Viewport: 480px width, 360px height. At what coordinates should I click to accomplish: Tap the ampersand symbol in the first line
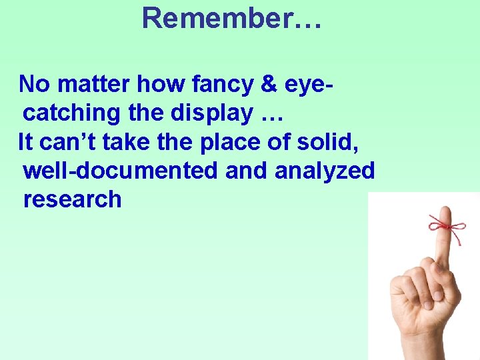[268, 85]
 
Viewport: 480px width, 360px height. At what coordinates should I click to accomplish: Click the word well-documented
[120, 171]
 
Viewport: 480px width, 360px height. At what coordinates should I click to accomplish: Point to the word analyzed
[325, 171]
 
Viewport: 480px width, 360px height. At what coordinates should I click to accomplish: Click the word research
[72, 199]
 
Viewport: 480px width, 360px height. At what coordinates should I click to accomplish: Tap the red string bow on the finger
[446, 225]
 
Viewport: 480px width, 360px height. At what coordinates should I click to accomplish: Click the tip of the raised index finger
[443, 212]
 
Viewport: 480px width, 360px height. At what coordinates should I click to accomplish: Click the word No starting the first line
[34, 85]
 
